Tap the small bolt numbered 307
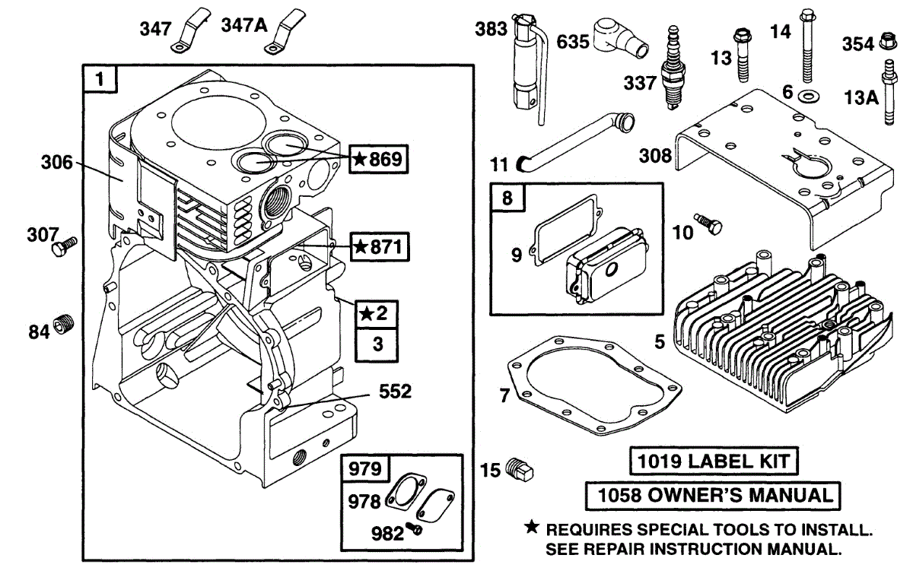(x=64, y=247)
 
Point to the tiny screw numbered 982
(x=415, y=528)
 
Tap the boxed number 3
(x=377, y=344)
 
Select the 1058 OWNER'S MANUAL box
(x=714, y=496)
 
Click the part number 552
(x=395, y=392)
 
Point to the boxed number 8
(x=507, y=199)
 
